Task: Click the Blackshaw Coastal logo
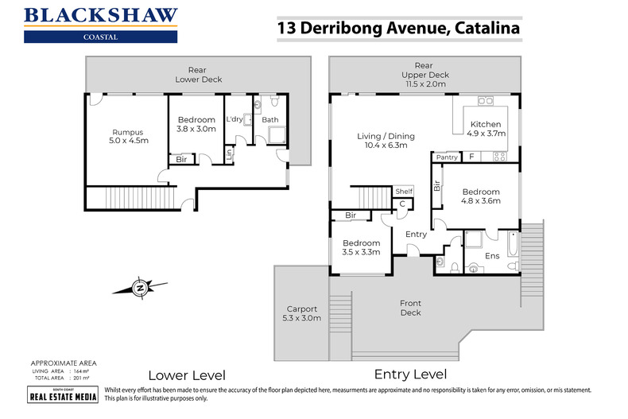pyautogui.click(x=100, y=25)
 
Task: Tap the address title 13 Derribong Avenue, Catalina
pyautogui.click(x=398, y=29)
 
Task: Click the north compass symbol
pyautogui.click(x=140, y=287)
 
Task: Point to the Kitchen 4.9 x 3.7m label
pyautogui.click(x=485, y=130)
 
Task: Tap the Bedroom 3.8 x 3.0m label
pyautogui.click(x=196, y=124)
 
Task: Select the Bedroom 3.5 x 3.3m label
pyautogui.click(x=361, y=247)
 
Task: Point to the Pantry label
pyautogui.click(x=447, y=157)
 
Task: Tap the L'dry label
pyautogui.click(x=235, y=119)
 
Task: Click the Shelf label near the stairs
pyautogui.click(x=404, y=191)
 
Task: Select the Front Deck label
pyautogui.click(x=410, y=307)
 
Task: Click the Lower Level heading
pyautogui.click(x=188, y=374)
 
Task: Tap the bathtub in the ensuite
pyautogui.click(x=511, y=250)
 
